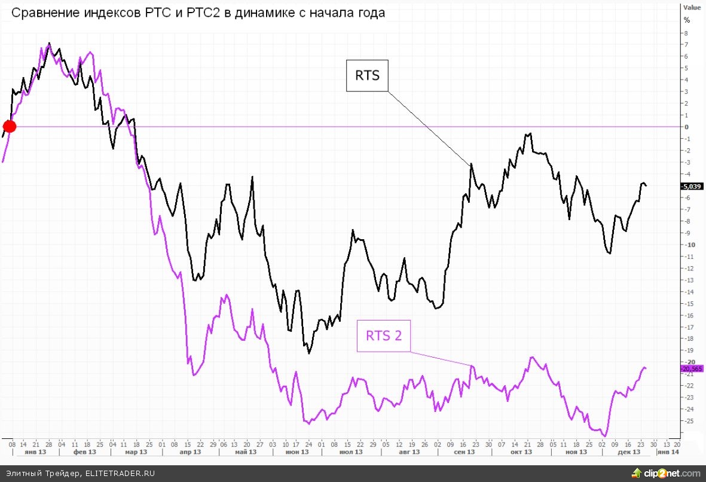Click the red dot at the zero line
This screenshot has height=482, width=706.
click(10, 126)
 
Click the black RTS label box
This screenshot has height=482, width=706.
click(367, 75)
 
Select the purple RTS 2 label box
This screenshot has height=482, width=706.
click(384, 335)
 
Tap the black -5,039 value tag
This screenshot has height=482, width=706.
click(691, 186)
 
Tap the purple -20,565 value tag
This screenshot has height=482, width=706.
click(691, 369)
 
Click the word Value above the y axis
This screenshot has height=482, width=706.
click(692, 8)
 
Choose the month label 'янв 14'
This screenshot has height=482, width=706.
click(668, 453)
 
